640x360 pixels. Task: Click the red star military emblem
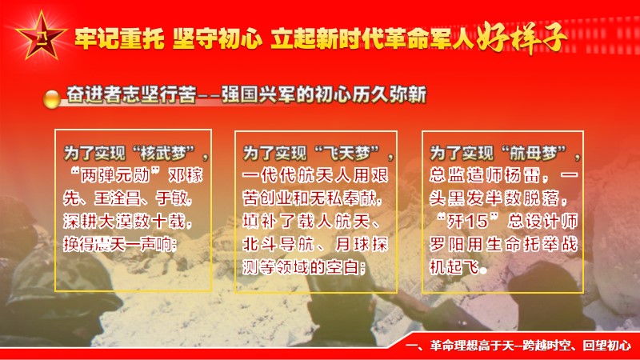click(41, 36)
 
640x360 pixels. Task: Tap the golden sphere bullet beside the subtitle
click(52, 98)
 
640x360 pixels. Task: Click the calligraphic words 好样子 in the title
click(522, 38)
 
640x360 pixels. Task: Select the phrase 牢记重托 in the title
click(119, 38)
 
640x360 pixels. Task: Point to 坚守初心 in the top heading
click(217, 38)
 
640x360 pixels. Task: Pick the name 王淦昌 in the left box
click(117, 198)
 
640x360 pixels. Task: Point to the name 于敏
click(171, 198)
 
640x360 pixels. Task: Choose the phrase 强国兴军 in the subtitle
click(258, 95)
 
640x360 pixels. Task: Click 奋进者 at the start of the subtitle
click(94, 95)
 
